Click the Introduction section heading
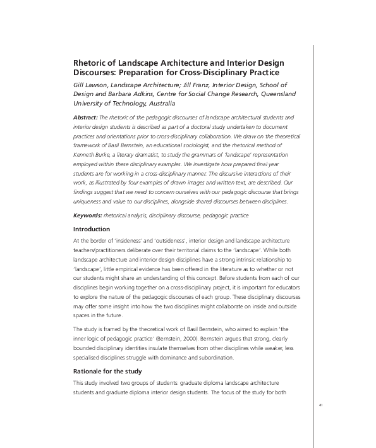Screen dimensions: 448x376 coord(92,229)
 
